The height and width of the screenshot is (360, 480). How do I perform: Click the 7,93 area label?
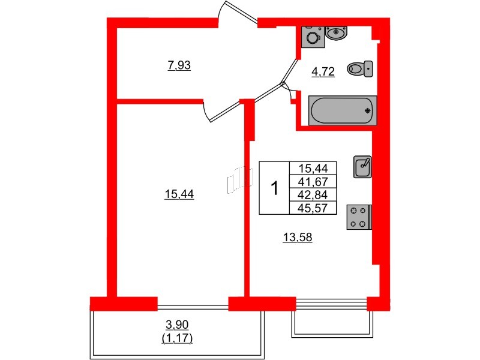pyautogui.click(x=179, y=65)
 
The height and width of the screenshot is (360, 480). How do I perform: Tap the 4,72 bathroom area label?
pyautogui.click(x=322, y=73)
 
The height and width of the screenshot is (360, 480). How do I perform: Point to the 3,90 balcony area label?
pyautogui.click(x=176, y=325)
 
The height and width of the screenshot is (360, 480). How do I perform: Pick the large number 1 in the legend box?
pyautogui.click(x=274, y=188)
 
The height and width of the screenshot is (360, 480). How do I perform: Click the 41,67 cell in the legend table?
pyautogui.click(x=313, y=182)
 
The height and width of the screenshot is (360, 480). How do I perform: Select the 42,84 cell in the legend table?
pyautogui.click(x=313, y=195)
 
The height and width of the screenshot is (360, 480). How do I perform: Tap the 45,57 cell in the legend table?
pyautogui.click(x=313, y=208)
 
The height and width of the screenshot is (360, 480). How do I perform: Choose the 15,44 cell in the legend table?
pyautogui.click(x=313, y=169)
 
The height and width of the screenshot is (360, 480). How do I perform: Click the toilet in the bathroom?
pyautogui.click(x=359, y=69)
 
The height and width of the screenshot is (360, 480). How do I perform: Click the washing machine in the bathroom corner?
pyautogui.click(x=313, y=37)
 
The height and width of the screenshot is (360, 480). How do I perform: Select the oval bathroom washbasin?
pyautogui.click(x=337, y=33)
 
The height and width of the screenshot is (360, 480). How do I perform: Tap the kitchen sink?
pyautogui.click(x=363, y=166)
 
